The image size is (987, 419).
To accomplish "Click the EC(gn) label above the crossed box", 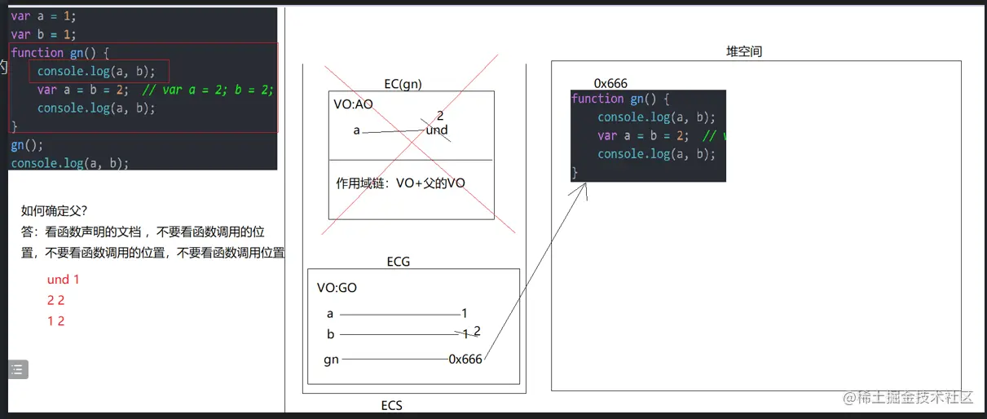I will pyautogui.click(x=403, y=84).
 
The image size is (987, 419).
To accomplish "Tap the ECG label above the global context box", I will pyautogui.click(x=399, y=262).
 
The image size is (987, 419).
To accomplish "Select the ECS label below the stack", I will pyautogui.click(x=391, y=405).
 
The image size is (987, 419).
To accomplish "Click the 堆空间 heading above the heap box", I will pyautogui.click(x=744, y=51).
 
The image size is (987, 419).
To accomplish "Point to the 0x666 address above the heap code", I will pyautogui.click(x=610, y=83).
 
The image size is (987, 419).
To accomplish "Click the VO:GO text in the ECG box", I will pyautogui.click(x=337, y=288).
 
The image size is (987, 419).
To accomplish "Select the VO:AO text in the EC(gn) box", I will pyautogui.click(x=352, y=104).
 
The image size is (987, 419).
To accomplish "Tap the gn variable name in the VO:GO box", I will pyautogui.click(x=331, y=359).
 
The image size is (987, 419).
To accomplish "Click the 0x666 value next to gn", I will pyautogui.click(x=465, y=359).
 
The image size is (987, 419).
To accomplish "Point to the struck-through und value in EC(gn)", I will pyautogui.click(x=437, y=130).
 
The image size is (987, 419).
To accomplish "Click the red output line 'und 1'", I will pyautogui.click(x=64, y=280).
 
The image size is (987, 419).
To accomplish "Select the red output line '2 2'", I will pyautogui.click(x=55, y=300).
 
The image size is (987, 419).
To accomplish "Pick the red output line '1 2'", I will pyautogui.click(x=55, y=321).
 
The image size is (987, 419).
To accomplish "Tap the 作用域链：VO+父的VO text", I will pyautogui.click(x=400, y=183).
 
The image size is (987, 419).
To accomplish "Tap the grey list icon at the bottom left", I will pyautogui.click(x=18, y=369).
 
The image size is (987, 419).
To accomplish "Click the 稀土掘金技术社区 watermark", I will pyautogui.click(x=910, y=398).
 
